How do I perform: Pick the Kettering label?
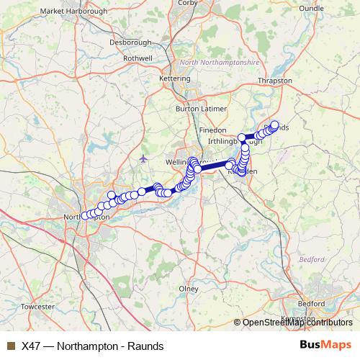(174, 76)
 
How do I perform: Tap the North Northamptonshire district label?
(220, 63)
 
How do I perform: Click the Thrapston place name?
(275, 81)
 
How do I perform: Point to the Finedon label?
(213, 130)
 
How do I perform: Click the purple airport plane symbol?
(144, 157)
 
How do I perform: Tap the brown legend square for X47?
(10, 345)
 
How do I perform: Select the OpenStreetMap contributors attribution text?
(297, 323)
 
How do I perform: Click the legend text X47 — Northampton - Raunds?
(88, 345)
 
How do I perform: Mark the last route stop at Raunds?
(274, 125)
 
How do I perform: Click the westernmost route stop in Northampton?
(85, 215)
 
